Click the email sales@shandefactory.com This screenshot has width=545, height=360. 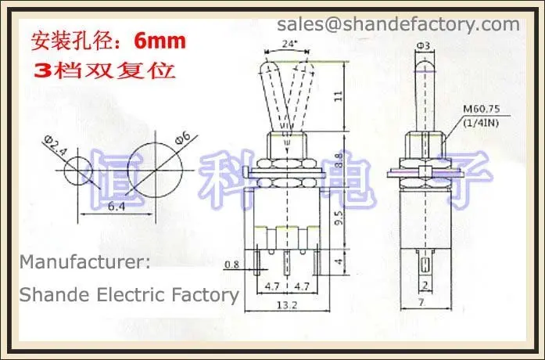point(398,24)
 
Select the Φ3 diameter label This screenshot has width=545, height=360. point(422,45)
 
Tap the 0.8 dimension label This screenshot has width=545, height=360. point(231,265)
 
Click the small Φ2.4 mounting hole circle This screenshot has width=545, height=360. point(79,169)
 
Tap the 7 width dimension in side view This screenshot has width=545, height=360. point(422,301)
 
